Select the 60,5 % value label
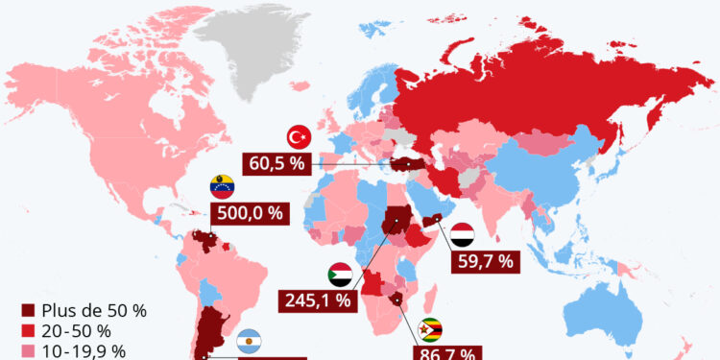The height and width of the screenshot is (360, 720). click(277, 162)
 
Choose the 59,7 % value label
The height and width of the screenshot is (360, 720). click(483, 258)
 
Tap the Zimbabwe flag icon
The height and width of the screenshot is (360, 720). click(434, 329)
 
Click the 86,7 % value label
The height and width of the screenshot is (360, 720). click(446, 352)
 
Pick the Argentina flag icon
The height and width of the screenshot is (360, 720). click(250, 340)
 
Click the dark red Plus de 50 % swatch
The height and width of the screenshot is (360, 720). click(28, 312)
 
